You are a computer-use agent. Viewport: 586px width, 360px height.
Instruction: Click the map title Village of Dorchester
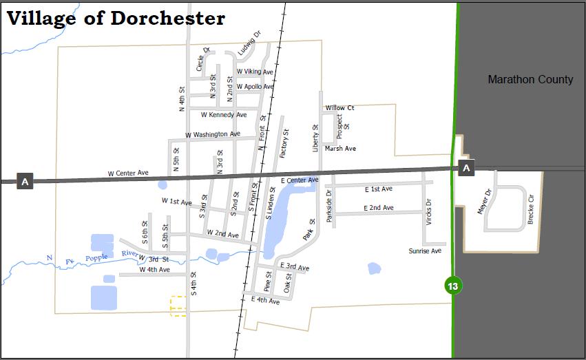pyautogui.click(x=116, y=19)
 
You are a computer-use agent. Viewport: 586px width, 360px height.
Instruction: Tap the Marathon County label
pyautogui.click(x=530, y=79)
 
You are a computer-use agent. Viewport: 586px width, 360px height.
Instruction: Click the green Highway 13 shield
pyautogui.click(x=452, y=286)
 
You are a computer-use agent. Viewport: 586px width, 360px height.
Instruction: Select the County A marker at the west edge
pyautogui.click(x=25, y=182)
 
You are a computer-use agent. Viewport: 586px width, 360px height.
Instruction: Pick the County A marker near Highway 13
pyautogui.click(x=466, y=168)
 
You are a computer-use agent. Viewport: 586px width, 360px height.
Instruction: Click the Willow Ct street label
pyautogui.click(x=339, y=108)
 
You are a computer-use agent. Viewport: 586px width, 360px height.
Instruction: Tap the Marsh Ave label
pyautogui.click(x=340, y=149)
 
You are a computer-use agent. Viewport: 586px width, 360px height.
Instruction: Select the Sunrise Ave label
pyautogui.click(x=425, y=251)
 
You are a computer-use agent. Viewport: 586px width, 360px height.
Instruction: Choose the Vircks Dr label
pyautogui.click(x=428, y=212)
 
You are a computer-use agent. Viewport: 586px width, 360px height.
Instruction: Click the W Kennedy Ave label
pyautogui.click(x=224, y=115)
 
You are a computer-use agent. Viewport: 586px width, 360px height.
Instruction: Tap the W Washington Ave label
pyautogui.click(x=213, y=134)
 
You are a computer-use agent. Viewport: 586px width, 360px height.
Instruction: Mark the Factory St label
pyautogui.click(x=285, y=143)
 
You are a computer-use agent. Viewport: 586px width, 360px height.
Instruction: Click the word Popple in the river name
pyautogui.click(x=96, y=258)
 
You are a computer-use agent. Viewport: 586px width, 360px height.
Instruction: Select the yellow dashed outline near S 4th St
pyautogui.click(x=178, y=306)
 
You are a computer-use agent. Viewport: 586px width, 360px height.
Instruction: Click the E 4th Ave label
pyautogui.click(x=265, y=300)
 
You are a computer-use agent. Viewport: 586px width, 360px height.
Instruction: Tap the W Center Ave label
pyautogui.click(x=128, y=173)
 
